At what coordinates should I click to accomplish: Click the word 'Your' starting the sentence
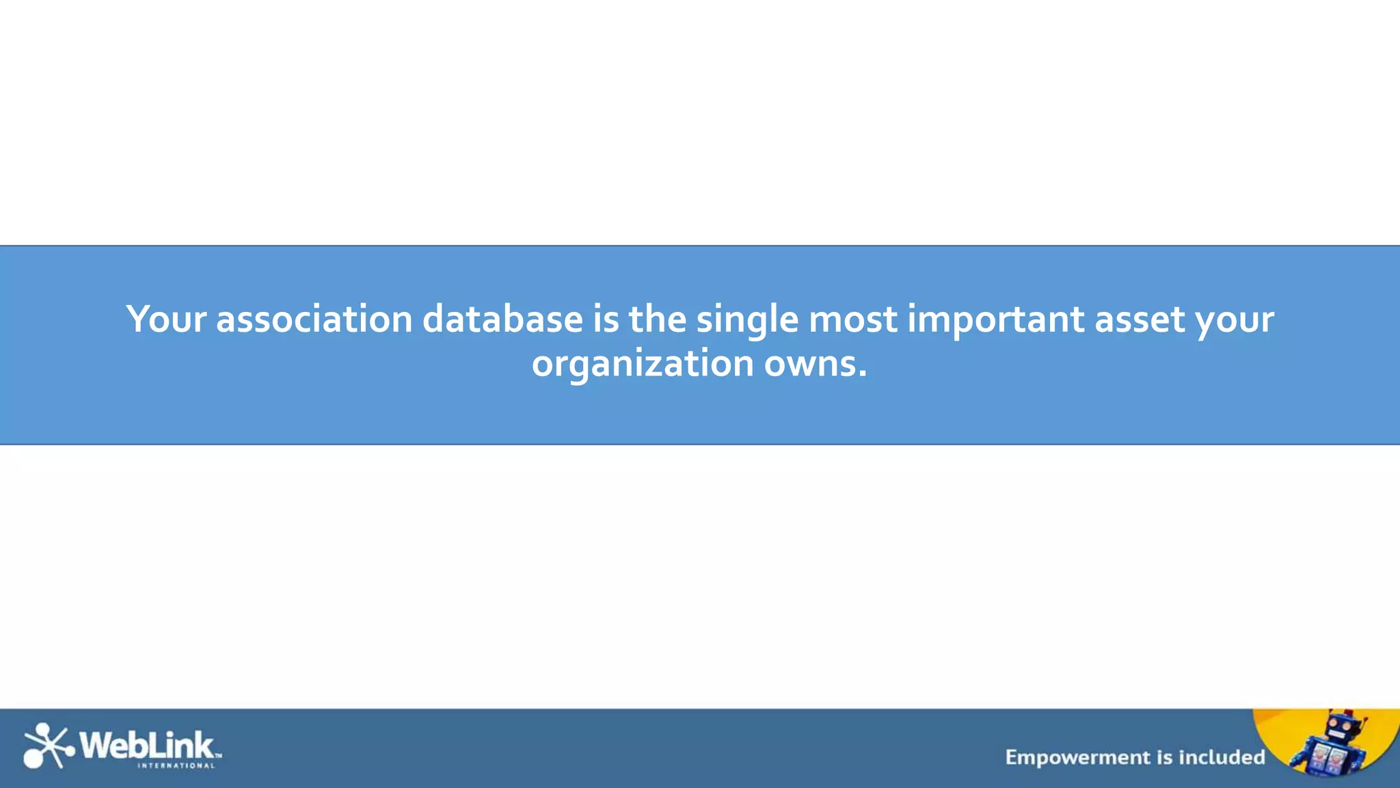click(166, 319)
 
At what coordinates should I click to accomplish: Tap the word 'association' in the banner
click(314, 319)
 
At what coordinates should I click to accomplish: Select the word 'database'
click(502, 319)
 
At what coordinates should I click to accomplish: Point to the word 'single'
click(747, 319)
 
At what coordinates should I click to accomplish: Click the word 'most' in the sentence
click(852, 319)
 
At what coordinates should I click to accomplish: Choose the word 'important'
click(995, 319)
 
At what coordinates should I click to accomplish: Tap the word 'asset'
click(1140, 319)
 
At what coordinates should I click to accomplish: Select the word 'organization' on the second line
click(643, 364)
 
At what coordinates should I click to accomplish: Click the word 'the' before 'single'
click(657, 319)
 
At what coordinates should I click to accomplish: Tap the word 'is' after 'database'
click(606, 319)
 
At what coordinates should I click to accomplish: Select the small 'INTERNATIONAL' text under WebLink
click(176, 766)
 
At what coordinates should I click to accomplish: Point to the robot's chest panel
click(1328, 758)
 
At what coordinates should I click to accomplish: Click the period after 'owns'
click(863, 373)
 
